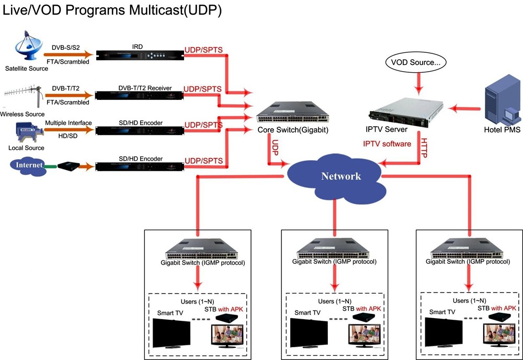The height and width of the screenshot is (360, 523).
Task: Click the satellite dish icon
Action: coord(28,46)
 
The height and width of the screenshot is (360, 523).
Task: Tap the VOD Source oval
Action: coord(416,62)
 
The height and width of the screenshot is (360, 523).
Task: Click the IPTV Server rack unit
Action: coord(406,112)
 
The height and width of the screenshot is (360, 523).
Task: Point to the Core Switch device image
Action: coord(292,113)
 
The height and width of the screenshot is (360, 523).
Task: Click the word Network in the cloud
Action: coord(341,176)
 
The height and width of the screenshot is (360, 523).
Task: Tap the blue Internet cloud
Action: coord(29,166)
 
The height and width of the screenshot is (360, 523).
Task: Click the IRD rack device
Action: coord(140,55)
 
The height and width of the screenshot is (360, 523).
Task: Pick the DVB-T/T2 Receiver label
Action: coord(145,88)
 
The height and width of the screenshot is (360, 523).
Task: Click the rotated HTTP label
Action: coord(424,148)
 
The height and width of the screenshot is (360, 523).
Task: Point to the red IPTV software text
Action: coord(387,144)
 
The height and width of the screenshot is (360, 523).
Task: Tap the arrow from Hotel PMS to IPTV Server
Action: coord(464,108)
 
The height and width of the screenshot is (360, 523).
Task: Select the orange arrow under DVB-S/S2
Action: coord(69,54)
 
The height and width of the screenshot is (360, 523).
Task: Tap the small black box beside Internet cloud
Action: coord(69,165)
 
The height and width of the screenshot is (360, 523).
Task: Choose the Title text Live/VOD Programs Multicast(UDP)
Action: coord(112,10)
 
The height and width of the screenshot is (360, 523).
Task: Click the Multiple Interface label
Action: coord(69,123)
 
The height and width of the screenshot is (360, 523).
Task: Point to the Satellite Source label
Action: coord(27,69)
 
